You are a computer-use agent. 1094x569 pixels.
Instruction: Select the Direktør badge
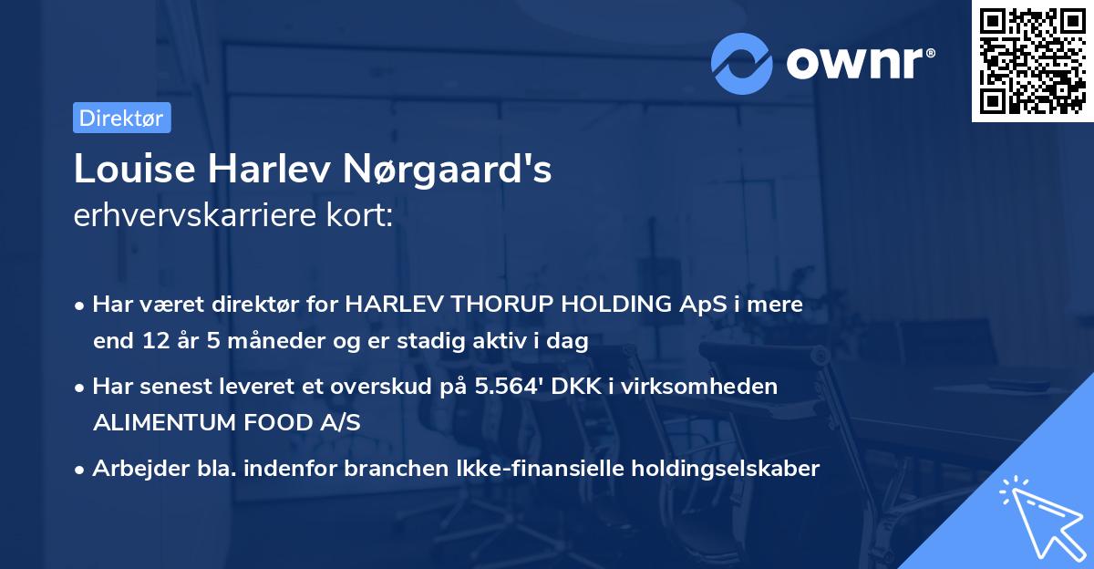pos(121,118)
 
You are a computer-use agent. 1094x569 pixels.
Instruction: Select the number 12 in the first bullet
pos(150,342)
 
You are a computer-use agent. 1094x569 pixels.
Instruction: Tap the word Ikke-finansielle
pos(537,469)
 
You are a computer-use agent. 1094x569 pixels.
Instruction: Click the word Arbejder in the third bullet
pos(132,469)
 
